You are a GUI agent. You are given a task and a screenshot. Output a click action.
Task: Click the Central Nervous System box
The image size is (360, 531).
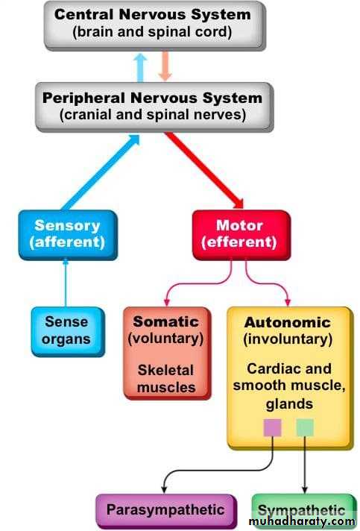pyautogui.click(x=155, y=25)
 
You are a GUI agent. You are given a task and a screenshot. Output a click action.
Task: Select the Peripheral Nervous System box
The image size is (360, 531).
pyautogui.click(x=154, y=107)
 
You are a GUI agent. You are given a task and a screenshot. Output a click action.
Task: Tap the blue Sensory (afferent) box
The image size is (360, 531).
pyautogui.click(x=68, y=235)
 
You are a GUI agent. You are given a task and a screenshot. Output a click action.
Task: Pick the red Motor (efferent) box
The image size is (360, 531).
pyautogui.click(x=241, y=235)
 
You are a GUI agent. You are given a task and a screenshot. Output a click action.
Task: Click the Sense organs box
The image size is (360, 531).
pyautogui.click(x=68, y=332)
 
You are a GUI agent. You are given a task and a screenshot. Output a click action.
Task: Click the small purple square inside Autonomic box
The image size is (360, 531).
pyautogui.click(x=272, y=428)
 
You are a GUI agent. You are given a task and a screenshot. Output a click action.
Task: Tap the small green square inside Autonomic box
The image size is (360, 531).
pyautogui.click(x=305, y=428)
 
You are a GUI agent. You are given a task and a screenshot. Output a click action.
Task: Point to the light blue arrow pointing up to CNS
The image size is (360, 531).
pyautogui.click(x=140, y=68)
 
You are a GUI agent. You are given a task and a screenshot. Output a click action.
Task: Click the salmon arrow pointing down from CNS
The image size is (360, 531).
pyautogui.click(x=165, y=66)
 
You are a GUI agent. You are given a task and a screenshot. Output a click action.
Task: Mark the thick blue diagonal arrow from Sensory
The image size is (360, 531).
pyautogui.click(x=101, y=172)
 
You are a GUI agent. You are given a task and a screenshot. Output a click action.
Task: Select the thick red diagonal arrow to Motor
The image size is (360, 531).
pyautogui.click(x=204, y=170)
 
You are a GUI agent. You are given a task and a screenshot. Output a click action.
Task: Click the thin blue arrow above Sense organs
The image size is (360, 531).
pyautogui.click(x=66, y=283)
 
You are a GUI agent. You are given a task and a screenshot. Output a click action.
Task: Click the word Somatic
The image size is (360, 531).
pyautogui.click(x=165, y=321)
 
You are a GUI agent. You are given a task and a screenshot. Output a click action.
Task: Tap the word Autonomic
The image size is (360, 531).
pyautogui.click(x=288, y=322)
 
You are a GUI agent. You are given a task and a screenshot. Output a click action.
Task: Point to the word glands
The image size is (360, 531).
pyautogui.click(x=289, y=404)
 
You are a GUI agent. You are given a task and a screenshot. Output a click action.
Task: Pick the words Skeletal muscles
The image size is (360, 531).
pyautogui.click(x=166, y=379)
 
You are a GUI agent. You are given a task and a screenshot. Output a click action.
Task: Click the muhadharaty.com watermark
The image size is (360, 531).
pyautogui.click(x=302, y=521)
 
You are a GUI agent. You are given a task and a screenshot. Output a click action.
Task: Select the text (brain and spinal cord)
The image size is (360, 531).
pyautogui.click(x=152, y=32)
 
